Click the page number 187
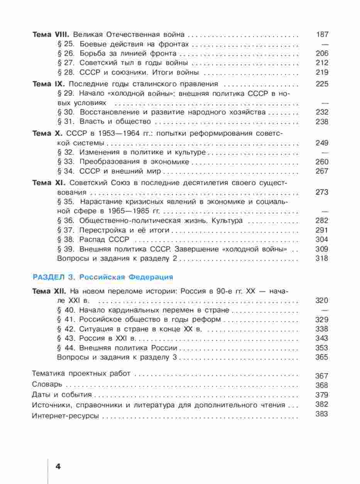(322, 35)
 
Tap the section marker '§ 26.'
(66, 54)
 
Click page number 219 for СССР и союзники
(322, 73)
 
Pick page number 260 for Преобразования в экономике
(322, 162)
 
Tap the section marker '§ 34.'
(66, 171)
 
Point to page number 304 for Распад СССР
(322, 240)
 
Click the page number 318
(322, 259)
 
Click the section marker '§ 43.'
(66, 338)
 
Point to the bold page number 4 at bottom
(58, 466)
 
